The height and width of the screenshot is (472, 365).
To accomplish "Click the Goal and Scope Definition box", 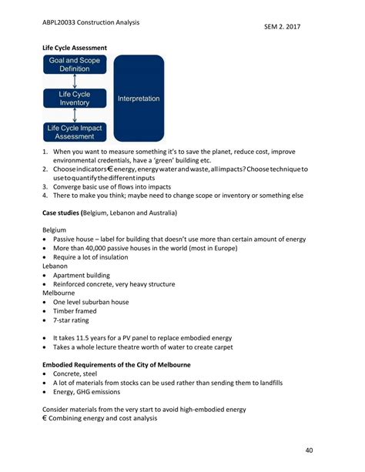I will coord(74,64).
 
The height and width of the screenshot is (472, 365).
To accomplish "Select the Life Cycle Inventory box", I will coord(74,98).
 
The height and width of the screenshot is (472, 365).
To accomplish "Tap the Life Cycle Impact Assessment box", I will coord(74,132).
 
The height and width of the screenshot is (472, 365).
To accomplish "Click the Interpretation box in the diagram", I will coord(139,99).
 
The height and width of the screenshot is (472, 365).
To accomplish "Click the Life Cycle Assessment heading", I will coord(74,48).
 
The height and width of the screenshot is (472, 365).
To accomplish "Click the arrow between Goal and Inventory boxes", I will coord(74,81).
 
